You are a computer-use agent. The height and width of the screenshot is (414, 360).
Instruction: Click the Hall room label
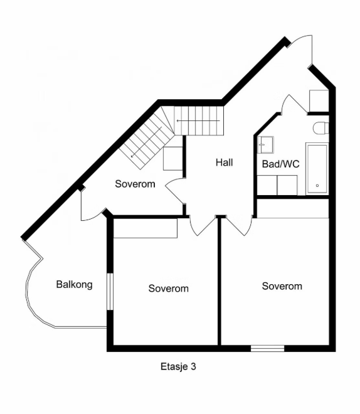225,162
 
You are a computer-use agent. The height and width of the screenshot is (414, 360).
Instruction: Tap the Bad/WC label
280,164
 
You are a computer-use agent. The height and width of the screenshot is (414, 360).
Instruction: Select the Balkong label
75,284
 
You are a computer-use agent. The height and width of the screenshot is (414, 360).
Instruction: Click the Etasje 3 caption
178,366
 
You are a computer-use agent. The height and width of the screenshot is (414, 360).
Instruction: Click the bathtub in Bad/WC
317,168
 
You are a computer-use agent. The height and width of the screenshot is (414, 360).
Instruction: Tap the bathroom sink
265,145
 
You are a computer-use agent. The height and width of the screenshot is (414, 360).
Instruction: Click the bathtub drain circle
317,186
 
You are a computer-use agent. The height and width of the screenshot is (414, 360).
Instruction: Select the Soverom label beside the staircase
135,184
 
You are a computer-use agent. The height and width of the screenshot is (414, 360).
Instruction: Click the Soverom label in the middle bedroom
168,289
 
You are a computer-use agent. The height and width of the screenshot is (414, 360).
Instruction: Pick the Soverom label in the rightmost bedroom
282,286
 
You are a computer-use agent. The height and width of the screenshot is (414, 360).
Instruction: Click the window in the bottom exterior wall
267,348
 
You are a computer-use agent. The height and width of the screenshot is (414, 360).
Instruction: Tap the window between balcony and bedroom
110,291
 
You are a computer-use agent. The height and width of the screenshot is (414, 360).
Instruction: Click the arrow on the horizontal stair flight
198,121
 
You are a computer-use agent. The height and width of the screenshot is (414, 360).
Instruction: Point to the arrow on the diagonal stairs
146,142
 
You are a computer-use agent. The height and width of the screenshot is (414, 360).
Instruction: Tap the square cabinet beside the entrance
319,101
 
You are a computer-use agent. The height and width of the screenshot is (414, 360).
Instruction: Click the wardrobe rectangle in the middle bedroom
145,228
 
